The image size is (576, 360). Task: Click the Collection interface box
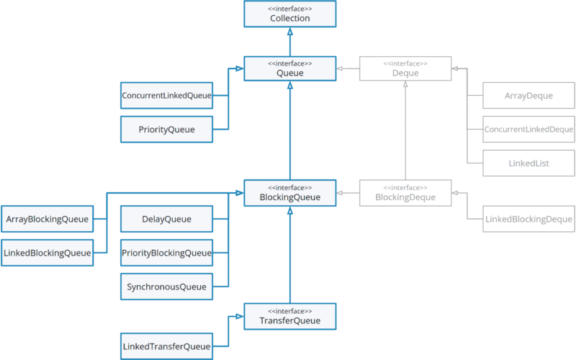pyautogui.click(x=289, y=14)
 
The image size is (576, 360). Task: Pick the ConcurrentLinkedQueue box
pyautogui.click(x=166, y=95)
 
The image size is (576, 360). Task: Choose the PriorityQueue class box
pyautogui.click(x=166, y=130)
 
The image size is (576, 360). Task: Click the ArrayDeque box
pyautogui.click(x=528, y=95)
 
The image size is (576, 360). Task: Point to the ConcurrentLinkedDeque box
pyautogui.click(x=528, y=130)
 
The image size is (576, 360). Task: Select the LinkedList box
pyautogui.click(x=528, y=163)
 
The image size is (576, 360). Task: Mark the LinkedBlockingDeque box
pyautogui.click(x=528, y=219)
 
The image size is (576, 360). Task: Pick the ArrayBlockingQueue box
pyautogui.click(x=48, y=219)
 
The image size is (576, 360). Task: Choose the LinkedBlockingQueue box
pyautogui.click(x=48, y=253)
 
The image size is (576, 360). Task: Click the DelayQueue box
pyautogui.click(x=166, y=219)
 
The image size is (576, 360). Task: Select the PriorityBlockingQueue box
pyautogui.click(x=166, y=253)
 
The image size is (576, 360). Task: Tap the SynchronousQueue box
pyautogui.click(x=166, y=287)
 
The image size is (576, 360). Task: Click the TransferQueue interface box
pyautogui.click(x=289, y=316)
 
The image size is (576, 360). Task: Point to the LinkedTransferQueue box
pyautogui.click(x=166, y=346)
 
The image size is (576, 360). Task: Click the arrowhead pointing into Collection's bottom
pyautogui.click(x=289, y=32)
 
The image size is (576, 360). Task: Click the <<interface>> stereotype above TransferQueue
pyautogui.click(x=289, y=310)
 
